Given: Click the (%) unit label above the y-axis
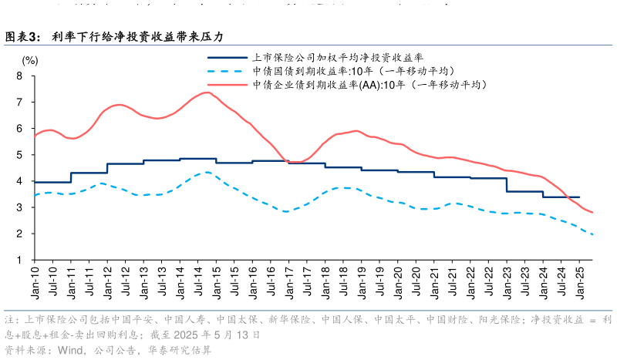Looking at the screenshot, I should (29, 59).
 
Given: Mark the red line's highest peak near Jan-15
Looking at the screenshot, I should (207, 93).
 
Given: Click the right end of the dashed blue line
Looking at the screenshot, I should (592, 235).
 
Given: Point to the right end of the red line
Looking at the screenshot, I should (592, 212).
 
